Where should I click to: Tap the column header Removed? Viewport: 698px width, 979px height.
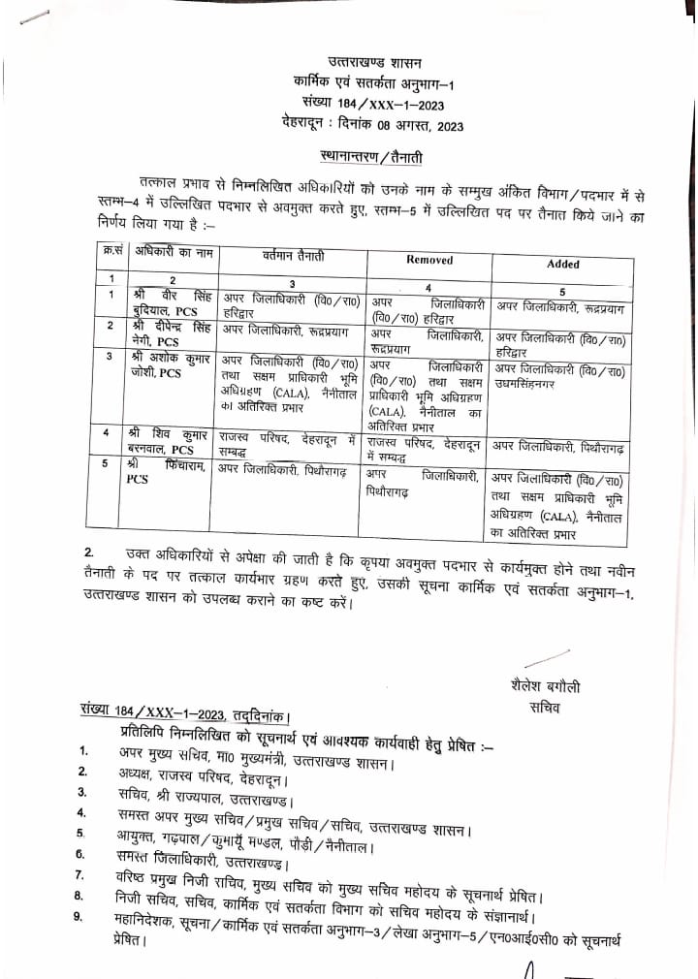pyautogui.click(x=428, y=260)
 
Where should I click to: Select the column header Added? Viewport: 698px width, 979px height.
pyautogui.click(x=563, y=263)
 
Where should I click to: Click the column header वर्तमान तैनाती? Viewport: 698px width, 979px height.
pyautogui.click(x=293, y=254)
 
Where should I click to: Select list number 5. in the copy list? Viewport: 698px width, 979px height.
pyautogui.click(x=85, y=835)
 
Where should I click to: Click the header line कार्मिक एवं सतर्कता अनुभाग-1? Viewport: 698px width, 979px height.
pyautogui.click(x=373, y=84)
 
